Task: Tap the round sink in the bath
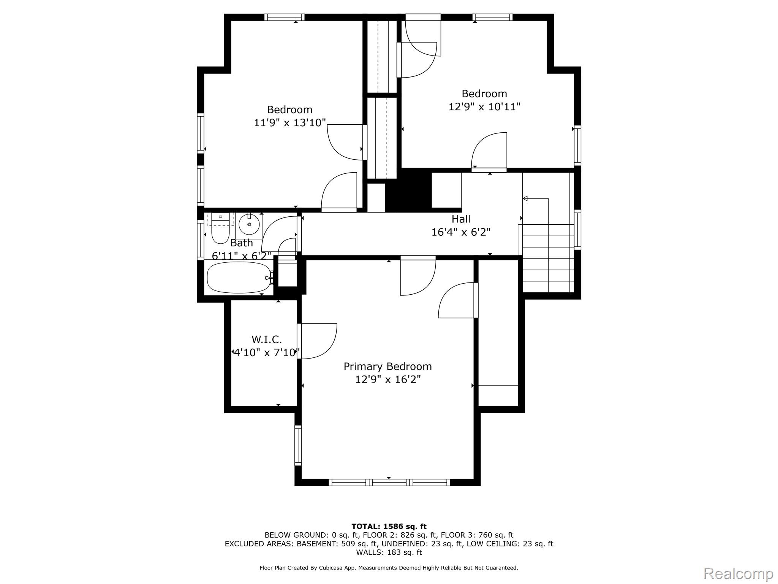(249, 224)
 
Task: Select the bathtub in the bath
(239, 278)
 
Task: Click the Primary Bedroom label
(388, 367)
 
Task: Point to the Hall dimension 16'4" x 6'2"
(461, 232)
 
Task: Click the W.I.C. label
(267, 340)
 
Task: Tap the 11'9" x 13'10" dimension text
(290, 122)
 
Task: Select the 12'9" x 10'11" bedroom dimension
(484, 106)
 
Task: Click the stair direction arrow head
(525, 198)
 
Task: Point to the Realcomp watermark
(738, 573)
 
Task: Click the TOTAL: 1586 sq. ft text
(389, 526)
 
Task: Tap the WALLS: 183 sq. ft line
(389, 552)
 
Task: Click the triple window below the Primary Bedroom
(389, 482)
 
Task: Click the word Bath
(242, 243)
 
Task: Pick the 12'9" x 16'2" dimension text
(388, 379)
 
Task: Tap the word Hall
(461, 219)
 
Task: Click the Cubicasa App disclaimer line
(389, 568)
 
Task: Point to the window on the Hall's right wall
(577, 230)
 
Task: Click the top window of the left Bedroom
(285, 17)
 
